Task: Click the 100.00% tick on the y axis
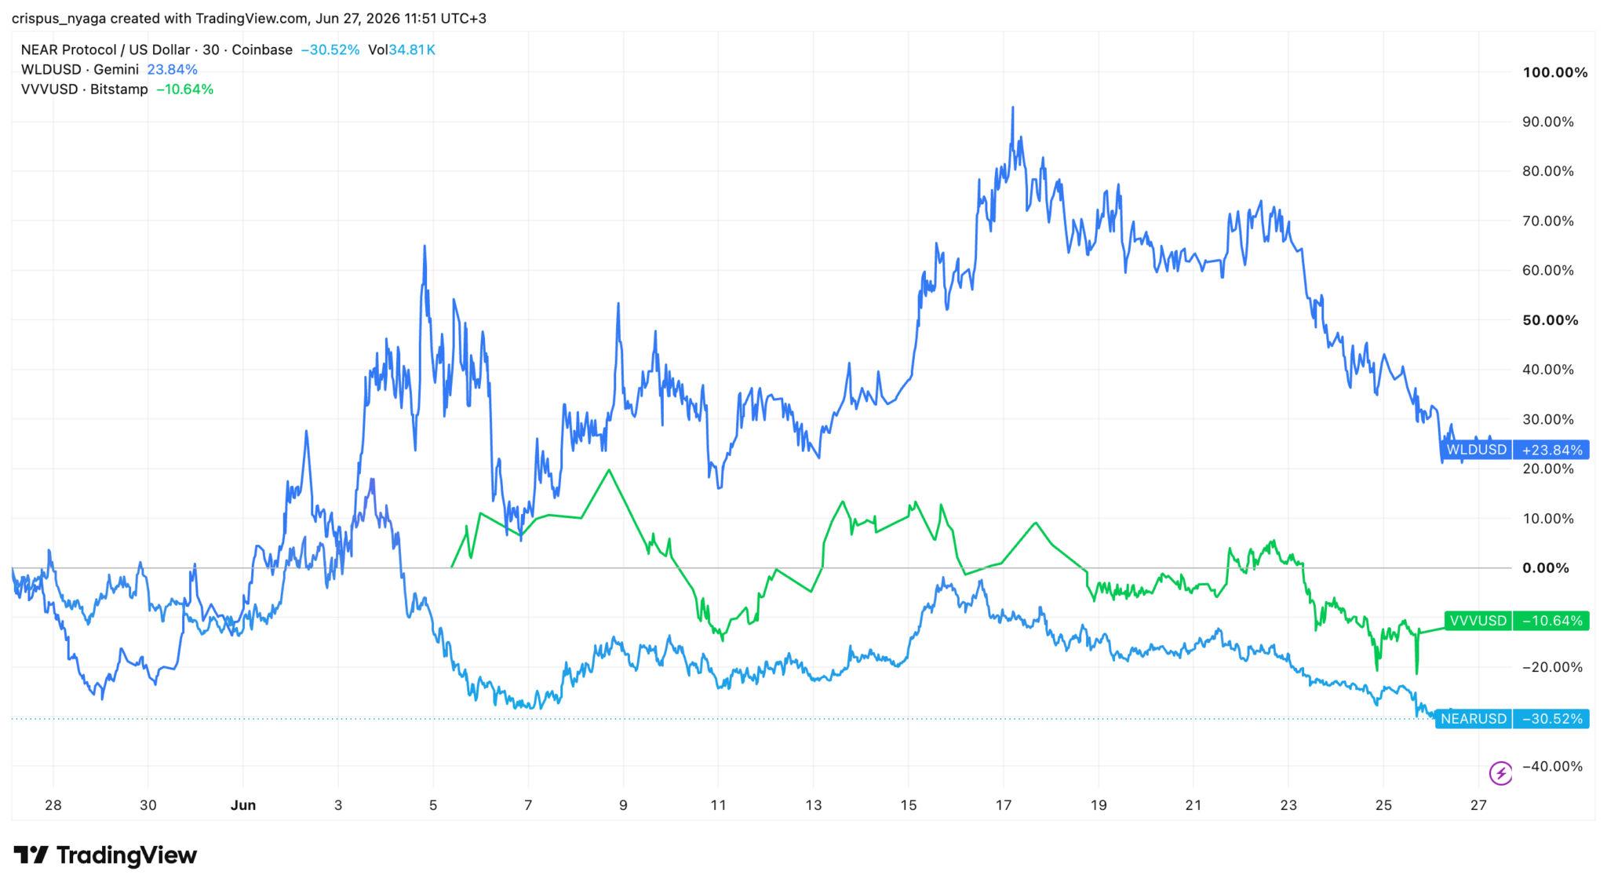(x=1554, y=73)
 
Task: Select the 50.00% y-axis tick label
(x=1551, y=320)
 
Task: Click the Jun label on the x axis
(x=243, y=805)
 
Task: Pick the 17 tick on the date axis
(x=1003, y=805)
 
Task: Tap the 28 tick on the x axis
(x=53, y=805)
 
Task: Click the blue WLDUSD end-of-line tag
(x=1476, y=450)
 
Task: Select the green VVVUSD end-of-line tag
(x=1478, y=621)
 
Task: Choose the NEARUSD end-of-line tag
(x=1473, y=719)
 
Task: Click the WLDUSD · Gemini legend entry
(x=79, y=70)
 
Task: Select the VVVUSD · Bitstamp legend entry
(x=84, y=89)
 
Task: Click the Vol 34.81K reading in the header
(x=401, y=50)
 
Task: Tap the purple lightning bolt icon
(x=1501, y=774)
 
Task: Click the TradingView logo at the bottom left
(x=105, y=855)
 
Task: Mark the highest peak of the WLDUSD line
(x=1012, y=108)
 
